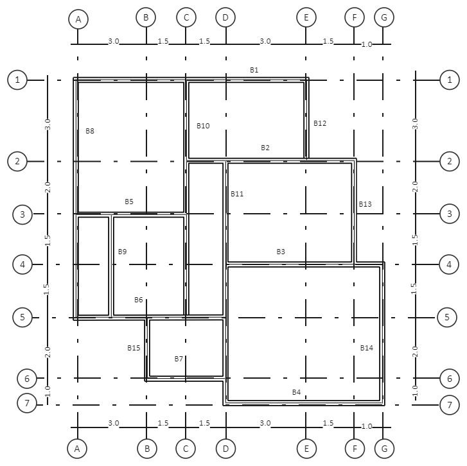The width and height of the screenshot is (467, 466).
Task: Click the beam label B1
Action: click(254, 70)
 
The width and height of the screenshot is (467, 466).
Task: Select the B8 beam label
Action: click(90, 131)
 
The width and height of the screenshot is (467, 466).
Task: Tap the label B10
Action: click(203, 126)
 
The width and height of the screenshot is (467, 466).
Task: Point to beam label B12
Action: click(320, 123)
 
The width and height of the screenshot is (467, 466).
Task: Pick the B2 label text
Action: click(265, 148)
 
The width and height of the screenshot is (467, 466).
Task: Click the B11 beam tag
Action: click(237, 194)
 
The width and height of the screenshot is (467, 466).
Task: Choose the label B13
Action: click(365, 204)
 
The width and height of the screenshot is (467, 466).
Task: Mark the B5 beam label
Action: click(129, 202)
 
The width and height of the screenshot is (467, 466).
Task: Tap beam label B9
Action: click(123, 252)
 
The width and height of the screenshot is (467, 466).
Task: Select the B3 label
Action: click(281, 252)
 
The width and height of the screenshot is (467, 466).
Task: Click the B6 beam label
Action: click(139, 300)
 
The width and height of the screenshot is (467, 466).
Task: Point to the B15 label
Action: click(134, 348)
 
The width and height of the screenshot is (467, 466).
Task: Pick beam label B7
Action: click(179, 359)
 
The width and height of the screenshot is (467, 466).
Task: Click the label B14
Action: click(367, 348)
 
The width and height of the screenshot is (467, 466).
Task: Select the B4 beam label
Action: click(296, 392)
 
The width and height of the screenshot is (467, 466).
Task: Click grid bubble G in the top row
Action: click(384, 17)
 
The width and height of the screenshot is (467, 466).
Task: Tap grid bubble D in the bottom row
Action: click(225, 449)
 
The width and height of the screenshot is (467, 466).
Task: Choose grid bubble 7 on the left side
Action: click(27, 403)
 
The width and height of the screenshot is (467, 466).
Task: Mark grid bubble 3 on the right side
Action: click(450, 214)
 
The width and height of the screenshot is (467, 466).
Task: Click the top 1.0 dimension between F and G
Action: click(367, 45)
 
